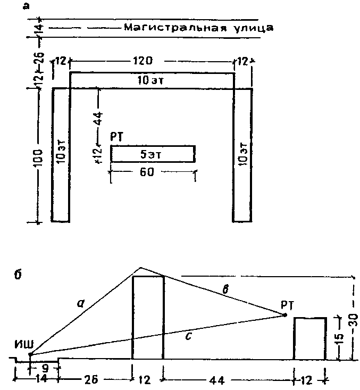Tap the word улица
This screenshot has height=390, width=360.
tap(249, 28)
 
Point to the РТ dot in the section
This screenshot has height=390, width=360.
tap(285, 315)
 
